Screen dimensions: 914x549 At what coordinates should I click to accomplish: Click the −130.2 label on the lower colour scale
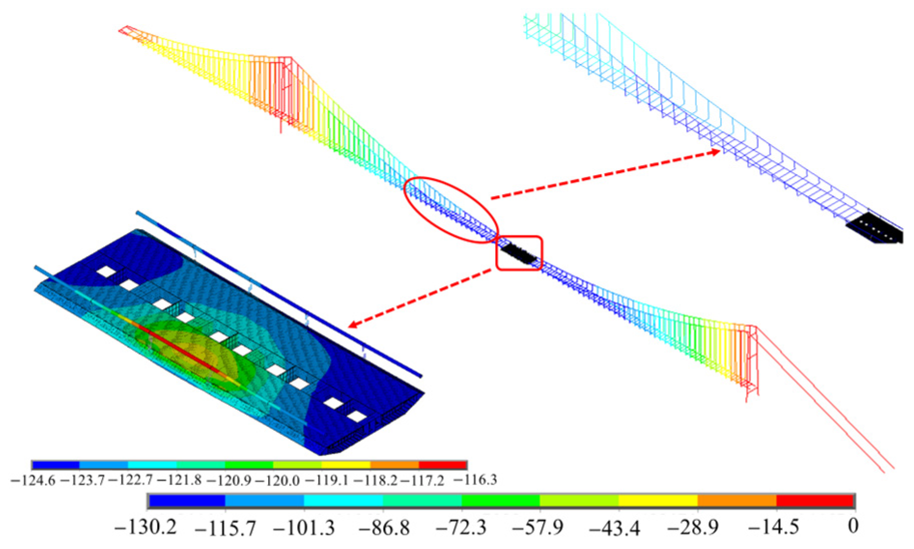(145, 526)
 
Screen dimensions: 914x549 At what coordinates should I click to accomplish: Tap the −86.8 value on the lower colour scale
(383, 527)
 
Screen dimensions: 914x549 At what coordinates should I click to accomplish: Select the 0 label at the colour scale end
(853, 526)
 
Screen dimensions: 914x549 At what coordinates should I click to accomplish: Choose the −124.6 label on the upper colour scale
(33, 480)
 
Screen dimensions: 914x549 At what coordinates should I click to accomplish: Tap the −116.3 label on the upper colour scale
(474, 480)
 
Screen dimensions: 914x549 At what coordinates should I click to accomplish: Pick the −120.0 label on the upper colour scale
(277, 480)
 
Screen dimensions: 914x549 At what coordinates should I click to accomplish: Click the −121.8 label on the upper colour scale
(179, 480)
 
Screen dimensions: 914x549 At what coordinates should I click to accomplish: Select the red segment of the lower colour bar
(815, 500)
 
